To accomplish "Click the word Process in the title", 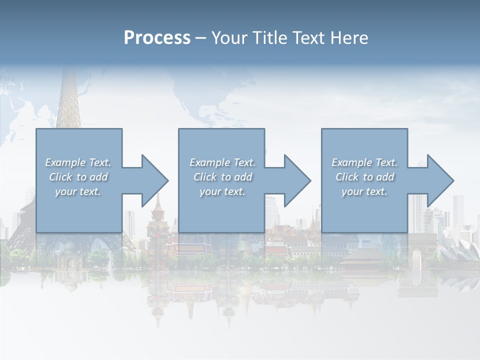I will [157, 37].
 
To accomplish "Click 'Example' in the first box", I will [65, 162].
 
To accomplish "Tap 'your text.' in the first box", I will [78, 191].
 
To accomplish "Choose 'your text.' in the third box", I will [364, 191].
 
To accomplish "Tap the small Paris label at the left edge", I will [7, 78].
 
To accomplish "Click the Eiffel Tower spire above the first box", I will [68, 100].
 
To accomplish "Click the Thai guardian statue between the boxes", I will [156, 220].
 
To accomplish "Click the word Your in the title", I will [227, 37].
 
